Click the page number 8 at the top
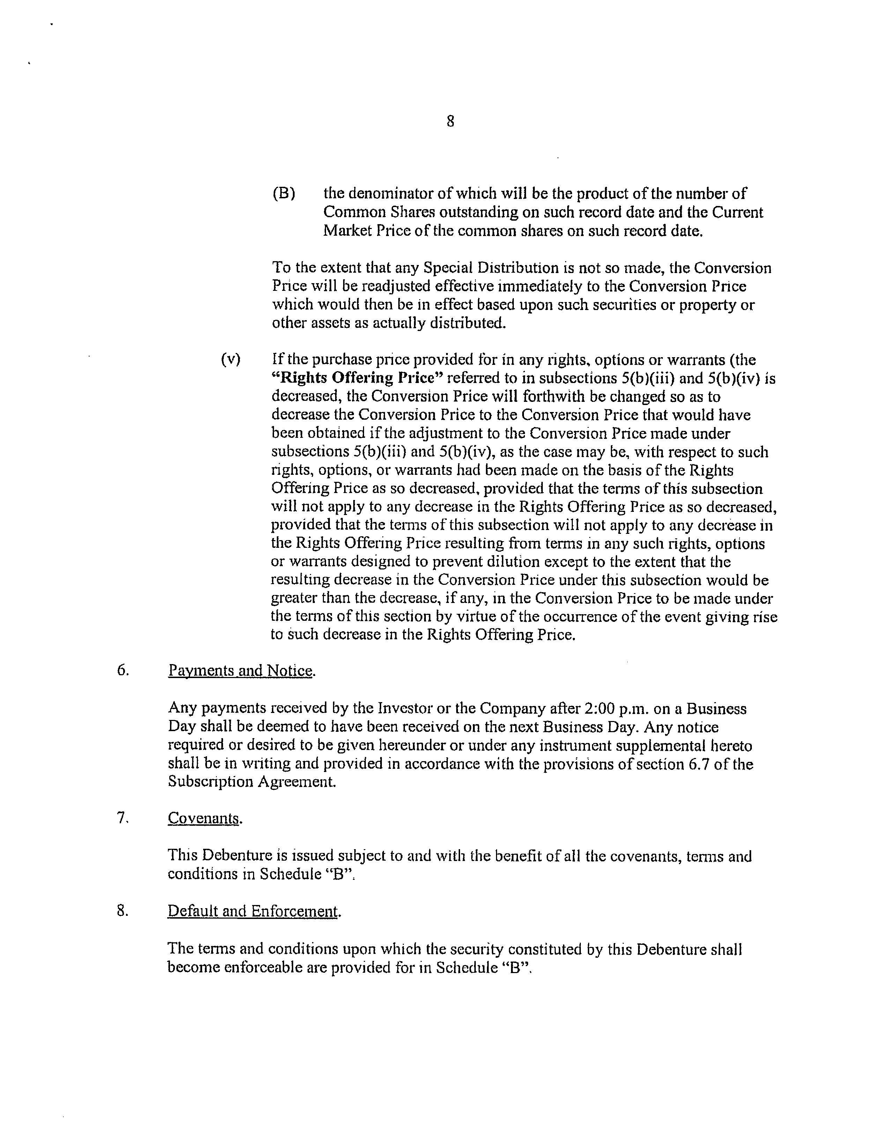(x=450, y=122)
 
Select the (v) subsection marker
(x=231, y=360)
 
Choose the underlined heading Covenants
(x=205, y=818)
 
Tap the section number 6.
(x=123, y=670)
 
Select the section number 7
(x=123, y=817)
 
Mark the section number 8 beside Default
(x=123, y=910)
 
